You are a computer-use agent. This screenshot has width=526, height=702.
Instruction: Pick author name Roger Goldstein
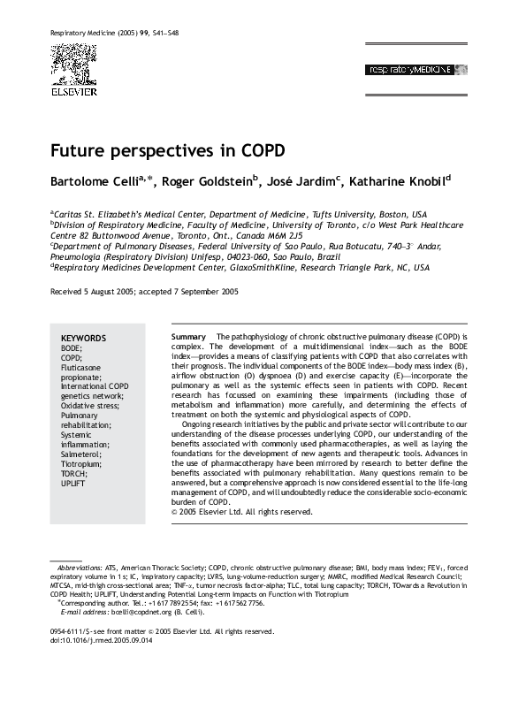(211, 182)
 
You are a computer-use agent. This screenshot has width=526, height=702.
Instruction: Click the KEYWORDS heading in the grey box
(83, 339)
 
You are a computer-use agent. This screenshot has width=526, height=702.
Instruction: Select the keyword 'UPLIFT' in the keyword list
(73, 484)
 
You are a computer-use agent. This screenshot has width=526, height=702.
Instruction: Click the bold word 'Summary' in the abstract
(187, 339)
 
